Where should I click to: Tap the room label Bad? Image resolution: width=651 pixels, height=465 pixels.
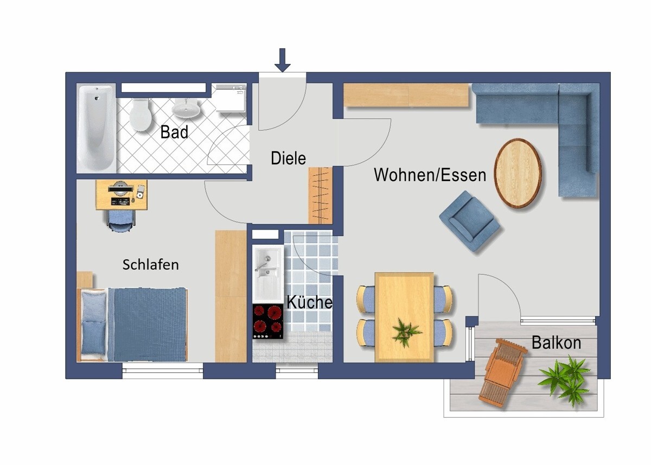(174, 132)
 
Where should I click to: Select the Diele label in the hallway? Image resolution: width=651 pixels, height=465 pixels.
(288, 158)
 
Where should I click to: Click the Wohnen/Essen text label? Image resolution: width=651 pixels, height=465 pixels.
(430, 175)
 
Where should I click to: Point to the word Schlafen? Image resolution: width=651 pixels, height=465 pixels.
(150, 265)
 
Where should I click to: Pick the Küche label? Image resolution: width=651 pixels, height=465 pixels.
(309, 302)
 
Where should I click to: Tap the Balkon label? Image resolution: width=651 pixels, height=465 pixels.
(556, 343)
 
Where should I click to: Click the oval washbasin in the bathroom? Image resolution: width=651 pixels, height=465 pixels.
(187, 109)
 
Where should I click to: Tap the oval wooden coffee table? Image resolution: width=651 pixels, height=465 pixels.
(518, 173)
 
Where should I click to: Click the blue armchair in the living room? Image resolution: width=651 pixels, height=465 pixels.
(469, 220)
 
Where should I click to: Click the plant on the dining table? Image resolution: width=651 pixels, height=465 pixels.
(405, 332)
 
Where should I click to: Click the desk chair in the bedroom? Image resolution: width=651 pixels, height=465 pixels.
(120, 220)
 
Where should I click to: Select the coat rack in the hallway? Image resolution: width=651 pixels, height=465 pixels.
(320, 195)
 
